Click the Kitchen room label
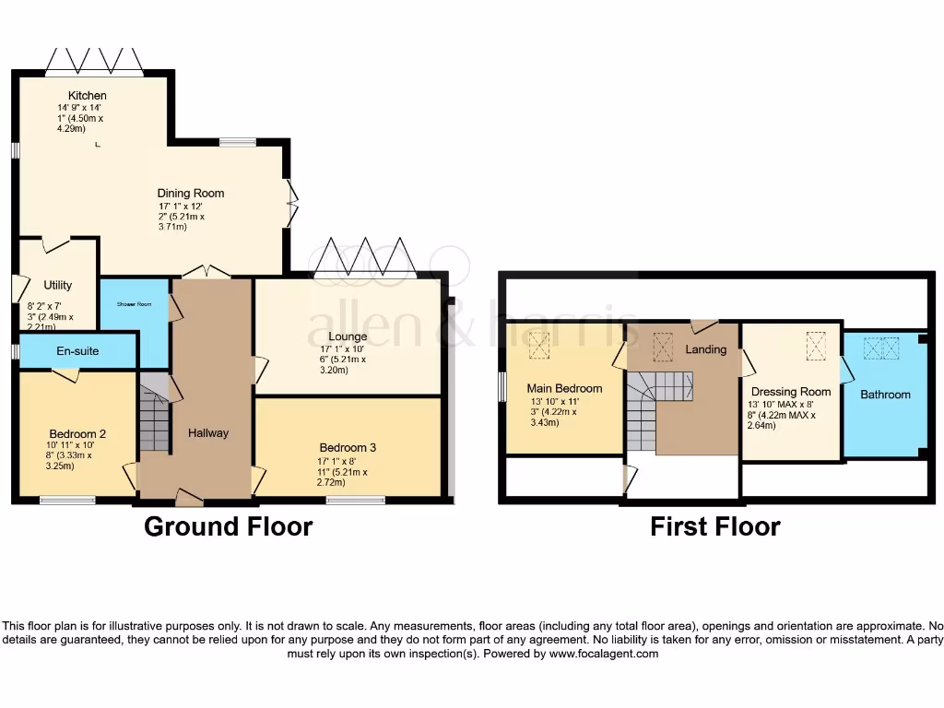point(87,96)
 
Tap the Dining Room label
point(191,194)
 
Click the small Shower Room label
point(133,304)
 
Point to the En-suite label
point(77,351)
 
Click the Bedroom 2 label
point(78,433)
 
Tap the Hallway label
point(208,432)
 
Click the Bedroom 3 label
point(348,448)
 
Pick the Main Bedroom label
point(564,388)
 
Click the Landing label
point(706,349)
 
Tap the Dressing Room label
point(791,392)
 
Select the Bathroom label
point(885,395)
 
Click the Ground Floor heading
point(229,527)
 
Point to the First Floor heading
point(715,527)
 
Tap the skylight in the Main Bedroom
point(539,347)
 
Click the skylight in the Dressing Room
point(816,347)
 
